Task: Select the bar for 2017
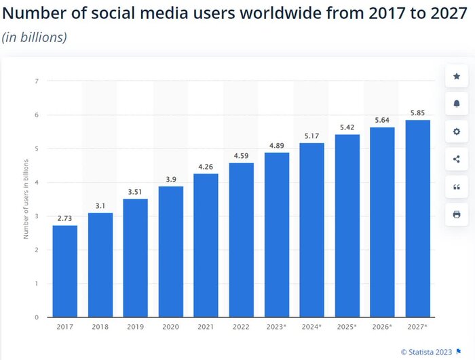coord(65,271)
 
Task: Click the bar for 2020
coord(171,252)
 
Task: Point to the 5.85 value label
coord(418,112)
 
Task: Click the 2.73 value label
coord(65,218)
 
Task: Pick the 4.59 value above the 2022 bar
coord(242,155)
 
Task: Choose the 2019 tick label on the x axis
coord(136,327)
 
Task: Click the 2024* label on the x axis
coord(312,327)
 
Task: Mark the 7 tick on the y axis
coord(37,81)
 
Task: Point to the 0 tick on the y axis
coord(37,317)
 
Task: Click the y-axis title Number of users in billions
coord(26,199)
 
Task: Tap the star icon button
coord(457,77)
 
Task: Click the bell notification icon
coord(457,104)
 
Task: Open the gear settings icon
coord(457,132)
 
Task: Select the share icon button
coord(457,159)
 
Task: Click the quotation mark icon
coord(457,187)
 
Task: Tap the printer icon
coord(457,215)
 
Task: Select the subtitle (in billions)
coord(35,37)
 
